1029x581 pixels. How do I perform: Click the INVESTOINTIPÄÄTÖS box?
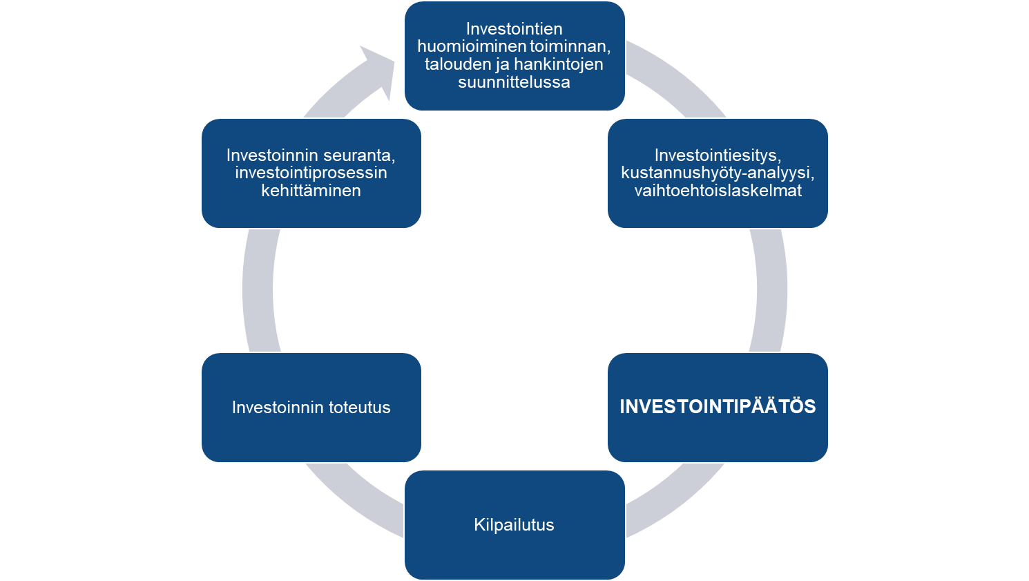(x=718, y=407)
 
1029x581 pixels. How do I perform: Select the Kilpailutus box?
(x=514, y=524)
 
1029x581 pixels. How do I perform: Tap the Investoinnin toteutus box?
(x=311, y=408)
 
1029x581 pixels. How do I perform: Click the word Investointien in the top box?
(x=514, y=29)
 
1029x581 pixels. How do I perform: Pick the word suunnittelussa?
(x=514, y=82)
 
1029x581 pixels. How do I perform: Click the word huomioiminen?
(x=472, y=47)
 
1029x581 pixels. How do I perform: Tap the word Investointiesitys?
(x=718, y=155)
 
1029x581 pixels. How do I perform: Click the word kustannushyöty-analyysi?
(x=718, y=173)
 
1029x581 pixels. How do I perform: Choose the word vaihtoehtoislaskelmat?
(x=718, y=191)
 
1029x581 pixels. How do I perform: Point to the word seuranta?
(x=359, y=155)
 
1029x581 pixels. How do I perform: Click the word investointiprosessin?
(x=311, y=173)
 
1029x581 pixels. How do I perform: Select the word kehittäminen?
(x=311, y=191)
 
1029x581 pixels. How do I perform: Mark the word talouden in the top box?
(x=452, y=64)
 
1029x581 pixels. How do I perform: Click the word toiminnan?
(x=570, y=47)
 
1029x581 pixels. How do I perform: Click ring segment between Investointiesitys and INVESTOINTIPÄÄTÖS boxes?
(x=771, y=290)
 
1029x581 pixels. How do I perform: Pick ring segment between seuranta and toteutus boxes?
(x=259, y=290)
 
